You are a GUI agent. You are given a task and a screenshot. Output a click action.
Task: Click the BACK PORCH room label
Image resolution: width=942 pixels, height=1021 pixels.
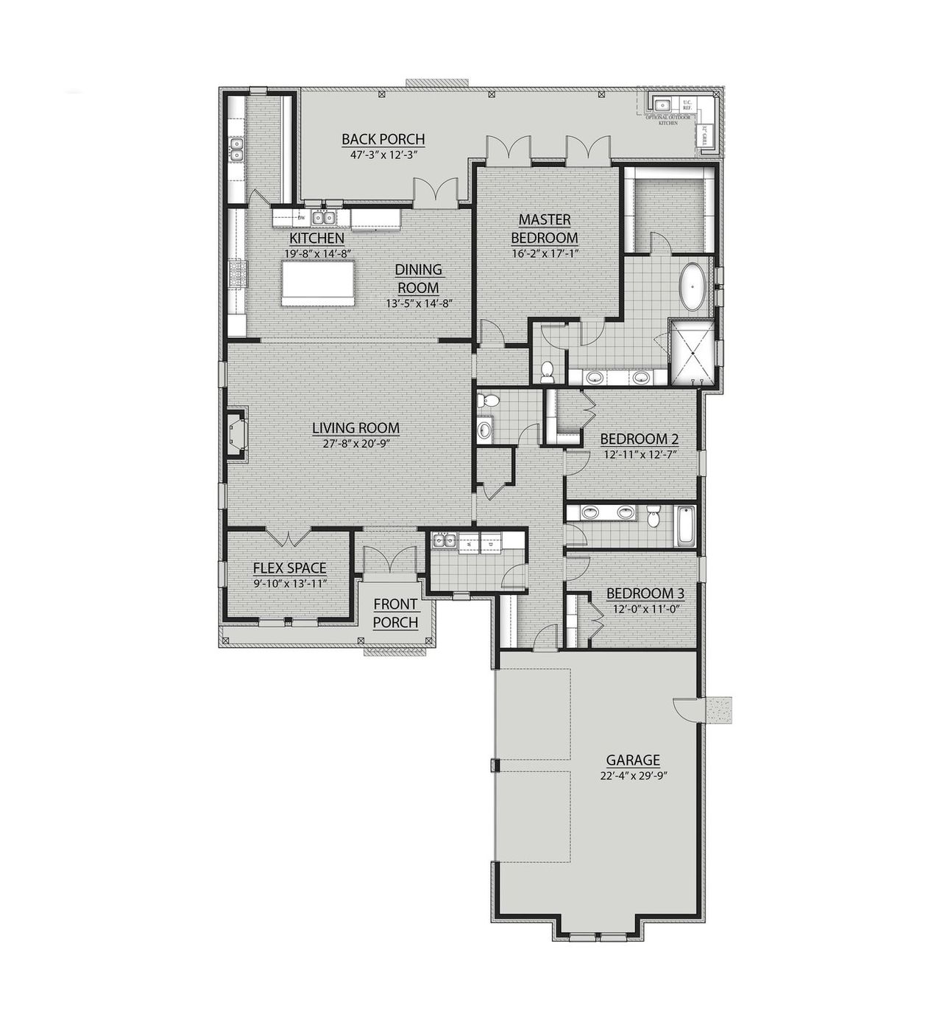[x=383, y=139]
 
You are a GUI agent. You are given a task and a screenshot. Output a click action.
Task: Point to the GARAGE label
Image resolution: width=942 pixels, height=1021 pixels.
[x=632, y=760]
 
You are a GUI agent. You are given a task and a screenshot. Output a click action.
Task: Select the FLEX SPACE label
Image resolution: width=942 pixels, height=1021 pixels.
[x=289, y=568]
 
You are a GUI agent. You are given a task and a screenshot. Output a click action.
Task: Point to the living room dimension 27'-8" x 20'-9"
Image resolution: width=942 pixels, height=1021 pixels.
[x=355, y=444]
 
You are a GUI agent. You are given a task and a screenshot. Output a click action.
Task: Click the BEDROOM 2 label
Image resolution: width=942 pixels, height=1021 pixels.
[x=639, y=439]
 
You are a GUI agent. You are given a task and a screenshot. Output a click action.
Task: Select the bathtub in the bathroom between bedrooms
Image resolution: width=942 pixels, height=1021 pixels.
[x=686, y=526]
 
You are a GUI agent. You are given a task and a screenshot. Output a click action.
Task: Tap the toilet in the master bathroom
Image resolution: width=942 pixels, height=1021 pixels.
[x=547, y=372]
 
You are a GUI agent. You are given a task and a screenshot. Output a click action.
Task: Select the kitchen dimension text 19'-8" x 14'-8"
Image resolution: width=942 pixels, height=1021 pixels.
[x=316, y=253]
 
